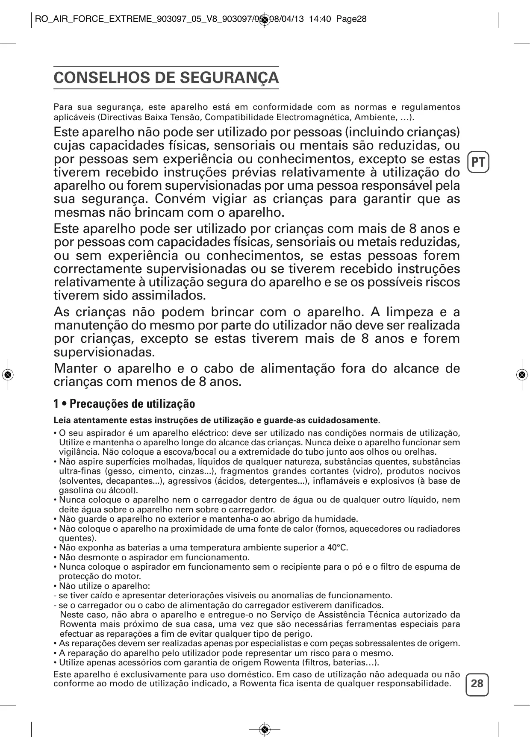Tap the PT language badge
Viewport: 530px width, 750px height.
(x=478, y=162)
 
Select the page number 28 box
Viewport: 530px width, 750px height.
(x=477, y=683)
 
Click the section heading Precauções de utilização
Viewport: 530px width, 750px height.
(x=132, y=404)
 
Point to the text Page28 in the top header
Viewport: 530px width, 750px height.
(x=351, y=19)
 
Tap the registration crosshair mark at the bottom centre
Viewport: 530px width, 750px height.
(x=265, y=729)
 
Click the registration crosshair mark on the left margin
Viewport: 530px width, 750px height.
(x=8, y=374)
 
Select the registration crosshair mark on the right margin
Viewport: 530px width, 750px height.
(x=521, y=374)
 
